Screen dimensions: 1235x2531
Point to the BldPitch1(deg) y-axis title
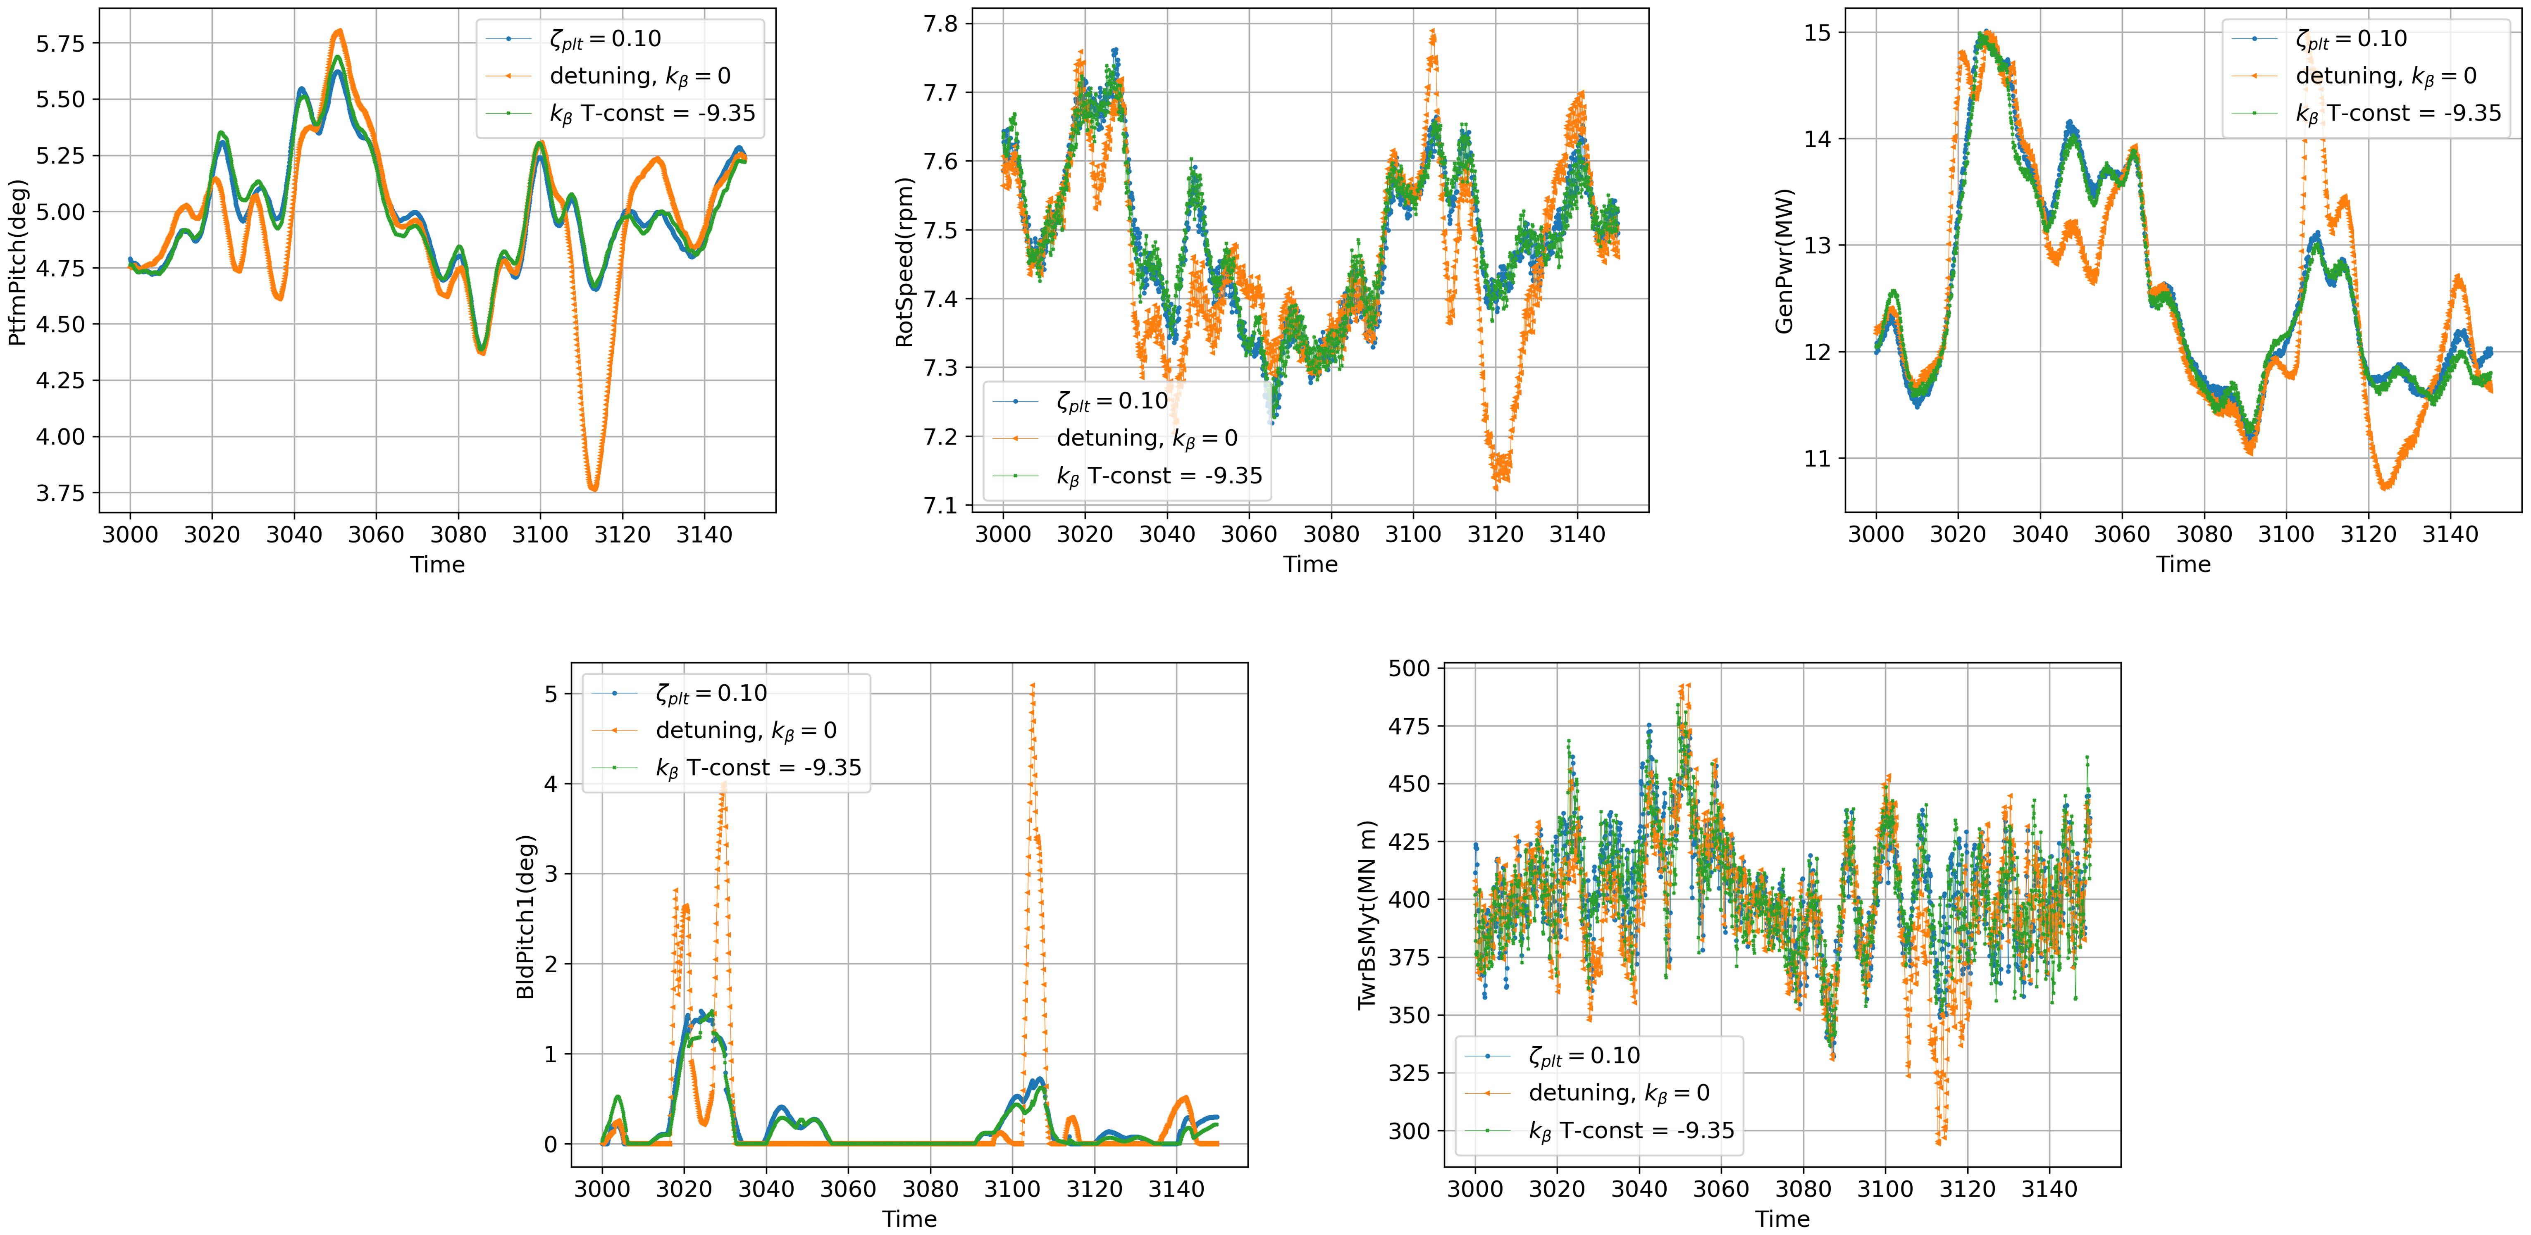[x=526, y=917]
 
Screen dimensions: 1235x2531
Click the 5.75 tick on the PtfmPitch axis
[x=61, y=43]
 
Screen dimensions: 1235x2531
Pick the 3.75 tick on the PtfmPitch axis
[x=61, y=493]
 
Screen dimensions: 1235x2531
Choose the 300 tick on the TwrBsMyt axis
[x=1409, y=1131]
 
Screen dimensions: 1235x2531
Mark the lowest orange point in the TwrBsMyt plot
[x=1939, y=1142]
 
